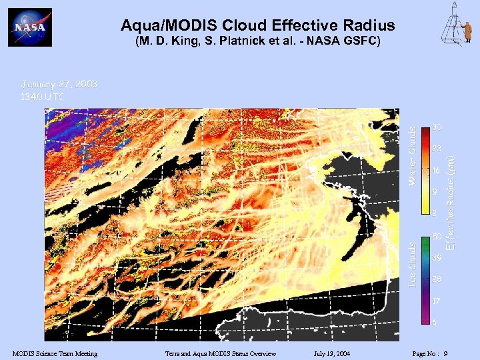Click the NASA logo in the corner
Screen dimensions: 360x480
(29, 27)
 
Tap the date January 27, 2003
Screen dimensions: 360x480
(59, 84)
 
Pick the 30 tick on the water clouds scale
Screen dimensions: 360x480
(436, 127)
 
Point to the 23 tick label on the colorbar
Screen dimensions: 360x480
(436, 149)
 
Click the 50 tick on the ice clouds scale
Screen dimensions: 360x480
(436, 237)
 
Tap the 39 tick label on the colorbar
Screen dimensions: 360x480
(436, 257)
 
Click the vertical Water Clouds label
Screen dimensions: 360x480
(413, 156)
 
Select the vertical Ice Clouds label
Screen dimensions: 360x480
(413, 265)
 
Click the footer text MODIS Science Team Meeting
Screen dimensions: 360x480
(55, 353)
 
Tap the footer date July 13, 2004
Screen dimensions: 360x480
(331, 353)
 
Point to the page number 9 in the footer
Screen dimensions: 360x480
(445, 353)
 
